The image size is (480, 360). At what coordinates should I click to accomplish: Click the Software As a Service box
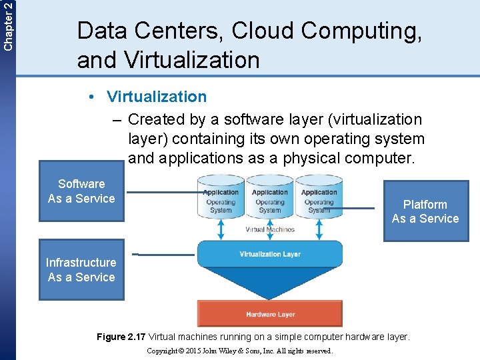pos(81,191)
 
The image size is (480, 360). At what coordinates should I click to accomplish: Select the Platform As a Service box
pos(425,211)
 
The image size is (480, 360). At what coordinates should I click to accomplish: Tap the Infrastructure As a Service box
pos(81,269)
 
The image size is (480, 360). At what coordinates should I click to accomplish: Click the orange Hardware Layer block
pos(270,314)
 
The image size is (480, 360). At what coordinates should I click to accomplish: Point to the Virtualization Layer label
pos(270,254)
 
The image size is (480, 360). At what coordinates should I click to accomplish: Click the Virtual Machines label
pos(270,229)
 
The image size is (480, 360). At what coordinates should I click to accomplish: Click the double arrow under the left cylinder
pos(221,228)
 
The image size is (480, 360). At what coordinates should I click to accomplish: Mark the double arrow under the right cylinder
pos(319,228)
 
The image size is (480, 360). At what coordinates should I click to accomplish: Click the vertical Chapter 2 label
pos(7,25)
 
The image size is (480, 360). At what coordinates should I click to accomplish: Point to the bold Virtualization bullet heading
pos(157,97)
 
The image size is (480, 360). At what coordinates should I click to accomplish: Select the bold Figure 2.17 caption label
pos(121,337)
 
